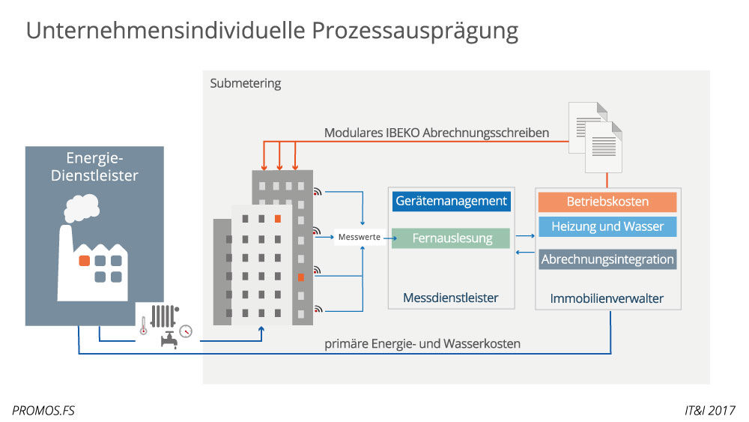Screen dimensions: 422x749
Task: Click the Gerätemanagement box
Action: (x=451, y=201)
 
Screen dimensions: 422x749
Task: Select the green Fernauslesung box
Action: (x=451, y=238)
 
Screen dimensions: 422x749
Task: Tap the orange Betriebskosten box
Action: (x=607, y=202)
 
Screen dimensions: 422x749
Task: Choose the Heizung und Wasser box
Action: (x=607, y=226)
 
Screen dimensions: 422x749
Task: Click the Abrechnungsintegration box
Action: (x=607, y=259)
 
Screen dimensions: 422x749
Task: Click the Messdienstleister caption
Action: (x=451, y=298)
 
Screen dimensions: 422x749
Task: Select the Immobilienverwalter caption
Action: (x=607, y=298)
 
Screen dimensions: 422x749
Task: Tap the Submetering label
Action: (x=246, y=83)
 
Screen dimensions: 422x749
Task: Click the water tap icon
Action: (x=169, y=340)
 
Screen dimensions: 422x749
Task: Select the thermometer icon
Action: (x=143, y=325)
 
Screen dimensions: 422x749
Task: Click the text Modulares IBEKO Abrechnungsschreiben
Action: (x=437, y=133)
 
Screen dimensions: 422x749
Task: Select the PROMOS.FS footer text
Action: (x=43, y=410)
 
